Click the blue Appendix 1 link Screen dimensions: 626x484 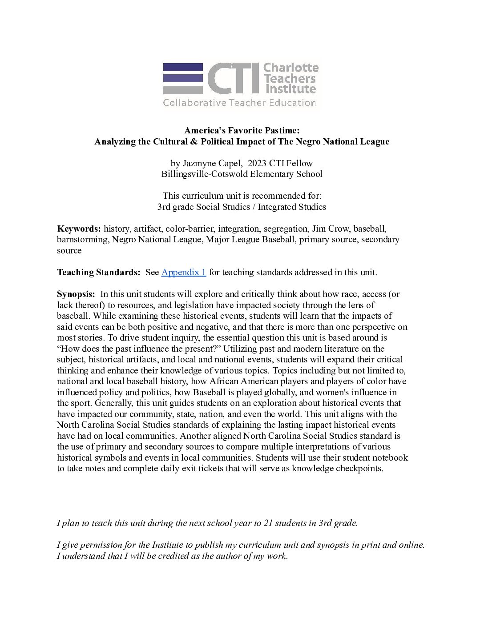coord(183,272)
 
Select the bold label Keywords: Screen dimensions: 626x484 coord(79,229)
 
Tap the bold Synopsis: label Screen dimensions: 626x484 coord(76,294)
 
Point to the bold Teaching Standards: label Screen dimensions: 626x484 coord(98,272)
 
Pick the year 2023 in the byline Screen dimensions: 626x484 coord(258,163)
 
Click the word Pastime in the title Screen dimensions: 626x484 coord(279,130)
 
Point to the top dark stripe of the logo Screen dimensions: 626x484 coord(183,67)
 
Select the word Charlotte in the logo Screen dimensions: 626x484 coord(291,68)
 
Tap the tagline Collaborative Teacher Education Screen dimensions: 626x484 coord(239,103)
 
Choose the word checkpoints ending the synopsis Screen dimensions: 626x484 coord(359,468)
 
